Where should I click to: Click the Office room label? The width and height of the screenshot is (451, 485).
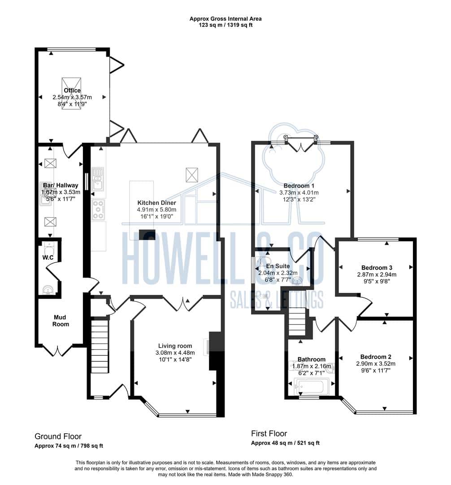[72, 90]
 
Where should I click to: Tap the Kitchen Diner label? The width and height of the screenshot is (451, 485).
[156, 203]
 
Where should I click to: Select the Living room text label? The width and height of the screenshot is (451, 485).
[175, 346]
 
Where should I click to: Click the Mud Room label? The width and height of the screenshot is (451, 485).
[61, 321]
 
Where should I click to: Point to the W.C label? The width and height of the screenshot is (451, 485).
[48, 257]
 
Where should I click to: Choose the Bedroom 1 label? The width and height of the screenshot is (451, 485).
[299, 185]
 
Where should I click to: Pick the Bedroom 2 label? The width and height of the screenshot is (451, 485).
[376, 357]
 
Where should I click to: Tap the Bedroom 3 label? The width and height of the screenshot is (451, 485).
[377, 268]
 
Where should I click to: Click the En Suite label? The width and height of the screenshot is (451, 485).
[278, 266]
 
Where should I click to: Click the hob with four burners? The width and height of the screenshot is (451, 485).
[99, 209]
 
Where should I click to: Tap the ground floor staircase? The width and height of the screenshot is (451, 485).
[100, 347]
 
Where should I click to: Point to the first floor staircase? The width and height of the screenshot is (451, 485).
[297, 322]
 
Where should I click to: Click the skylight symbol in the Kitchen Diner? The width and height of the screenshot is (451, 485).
[192, 175]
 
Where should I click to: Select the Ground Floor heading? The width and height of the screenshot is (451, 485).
[58, 436]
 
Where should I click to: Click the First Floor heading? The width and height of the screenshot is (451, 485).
[269, 433]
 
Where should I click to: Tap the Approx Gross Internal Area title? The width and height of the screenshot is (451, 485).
[225, 18]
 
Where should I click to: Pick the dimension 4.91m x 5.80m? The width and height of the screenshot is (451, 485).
[156, 209]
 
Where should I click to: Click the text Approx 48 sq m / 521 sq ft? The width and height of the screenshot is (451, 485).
[285, 443]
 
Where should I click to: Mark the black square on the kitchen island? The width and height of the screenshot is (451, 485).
[147, 234]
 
